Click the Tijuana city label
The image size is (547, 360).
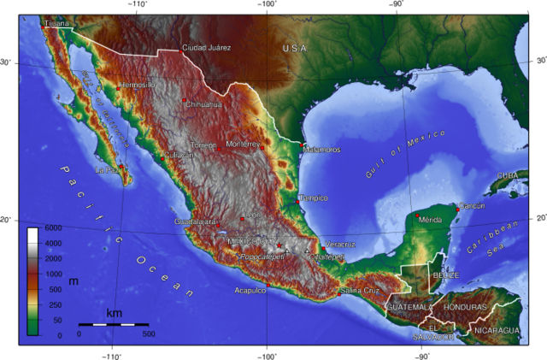point(56,24)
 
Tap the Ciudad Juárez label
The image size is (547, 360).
point(207,48)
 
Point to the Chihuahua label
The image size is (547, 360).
point(204,105)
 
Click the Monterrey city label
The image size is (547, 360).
point(243,145)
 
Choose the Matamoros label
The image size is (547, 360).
point(322,150)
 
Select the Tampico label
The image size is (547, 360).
point(313,198)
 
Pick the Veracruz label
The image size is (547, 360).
point(340,245)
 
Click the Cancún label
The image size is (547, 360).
point(473,205)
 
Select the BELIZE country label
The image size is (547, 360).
point(445,275)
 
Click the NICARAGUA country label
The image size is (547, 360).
point(497,330)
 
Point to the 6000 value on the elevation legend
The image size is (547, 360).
point(53,228)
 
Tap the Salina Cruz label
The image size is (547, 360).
point(360,291)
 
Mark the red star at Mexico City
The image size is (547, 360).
point(279,245)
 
